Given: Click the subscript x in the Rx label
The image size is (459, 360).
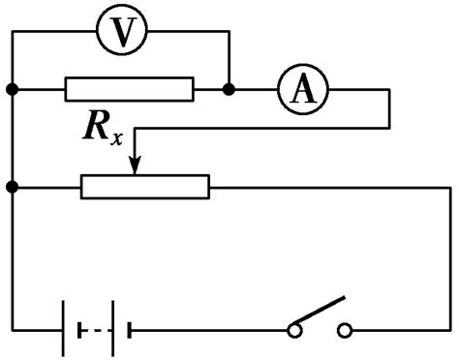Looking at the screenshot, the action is click(x=116, y=137).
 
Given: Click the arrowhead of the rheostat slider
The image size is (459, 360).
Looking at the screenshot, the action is click(x=135, y=165).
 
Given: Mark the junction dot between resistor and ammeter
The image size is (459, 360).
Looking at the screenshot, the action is click(x=229, y=89).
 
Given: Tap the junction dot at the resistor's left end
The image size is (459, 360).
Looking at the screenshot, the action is click(x=13, y=89).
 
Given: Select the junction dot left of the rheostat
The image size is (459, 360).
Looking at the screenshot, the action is click(x=13, y=187).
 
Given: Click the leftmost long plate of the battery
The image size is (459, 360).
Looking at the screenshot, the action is click(x=63, y=328).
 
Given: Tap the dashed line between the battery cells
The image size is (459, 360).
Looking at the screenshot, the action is click(x=95, y=331).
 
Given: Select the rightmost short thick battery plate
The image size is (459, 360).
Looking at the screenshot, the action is click(x=130, y=330).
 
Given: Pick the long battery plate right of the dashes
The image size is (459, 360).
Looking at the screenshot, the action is click(x=113, y=328).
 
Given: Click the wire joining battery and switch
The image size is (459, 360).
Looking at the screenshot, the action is click(x=209, y=331).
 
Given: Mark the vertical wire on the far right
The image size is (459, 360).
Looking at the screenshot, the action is click(x=450, y=258).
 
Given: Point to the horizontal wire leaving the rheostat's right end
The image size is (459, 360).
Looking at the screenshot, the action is click(x=330, y=187).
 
